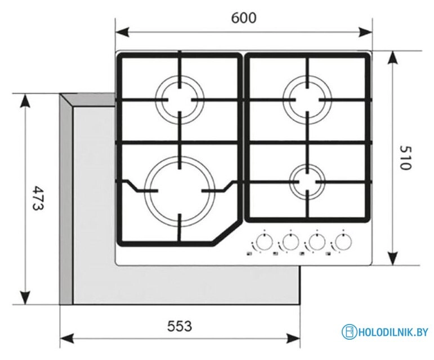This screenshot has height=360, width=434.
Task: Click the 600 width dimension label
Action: (x=244, y=18)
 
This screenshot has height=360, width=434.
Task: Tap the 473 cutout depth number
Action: (x=37, y=198)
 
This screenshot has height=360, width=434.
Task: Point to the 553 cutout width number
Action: (x=180, y=326)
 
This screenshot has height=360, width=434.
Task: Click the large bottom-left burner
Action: (x=180, y=188)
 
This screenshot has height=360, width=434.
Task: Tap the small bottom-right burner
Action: (x=307, y=181)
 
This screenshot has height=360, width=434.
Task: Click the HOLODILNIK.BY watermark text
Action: (x=393, y=333)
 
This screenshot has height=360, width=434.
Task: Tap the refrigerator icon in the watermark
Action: (x=350, y=332)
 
